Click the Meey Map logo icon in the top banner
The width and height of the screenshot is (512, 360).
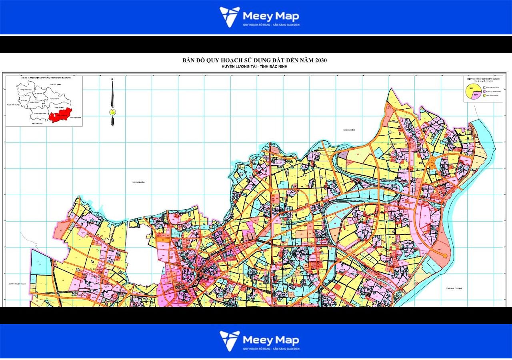[230, 17]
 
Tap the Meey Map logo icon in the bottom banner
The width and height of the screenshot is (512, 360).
[230, 341]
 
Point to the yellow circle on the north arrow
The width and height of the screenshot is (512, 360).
[112, 112]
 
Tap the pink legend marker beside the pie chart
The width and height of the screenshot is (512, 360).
[484, 91]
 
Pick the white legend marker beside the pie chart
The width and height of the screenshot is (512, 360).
[484, 87]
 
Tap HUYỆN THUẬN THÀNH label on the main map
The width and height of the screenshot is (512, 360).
[18, 284]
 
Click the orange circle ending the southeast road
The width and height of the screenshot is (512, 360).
[444, 255]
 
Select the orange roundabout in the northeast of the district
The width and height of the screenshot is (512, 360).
[432, 160]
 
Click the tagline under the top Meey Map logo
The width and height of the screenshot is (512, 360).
[271, 25]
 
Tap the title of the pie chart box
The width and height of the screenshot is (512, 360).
[483, 79]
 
